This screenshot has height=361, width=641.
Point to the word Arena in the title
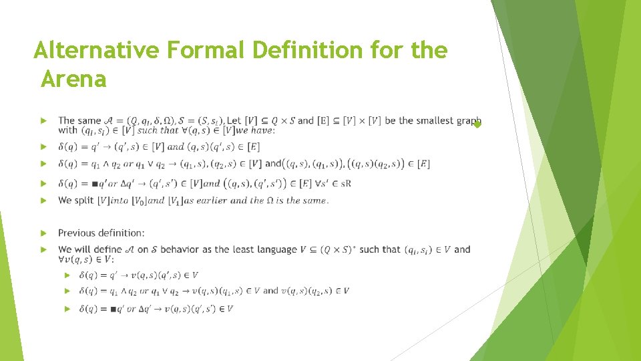pos(73,80)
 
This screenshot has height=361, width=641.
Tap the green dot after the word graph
pos(477,125)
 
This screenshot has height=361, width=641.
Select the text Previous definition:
pos(101,233)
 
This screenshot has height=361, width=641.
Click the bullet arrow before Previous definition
pos(43,233)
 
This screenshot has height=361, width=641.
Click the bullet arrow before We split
pos(43,201)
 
